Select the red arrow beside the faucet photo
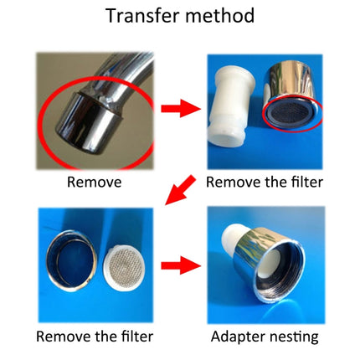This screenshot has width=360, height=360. click(x=178, y=108)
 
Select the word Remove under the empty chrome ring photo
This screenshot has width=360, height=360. click(x=61, y=338)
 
